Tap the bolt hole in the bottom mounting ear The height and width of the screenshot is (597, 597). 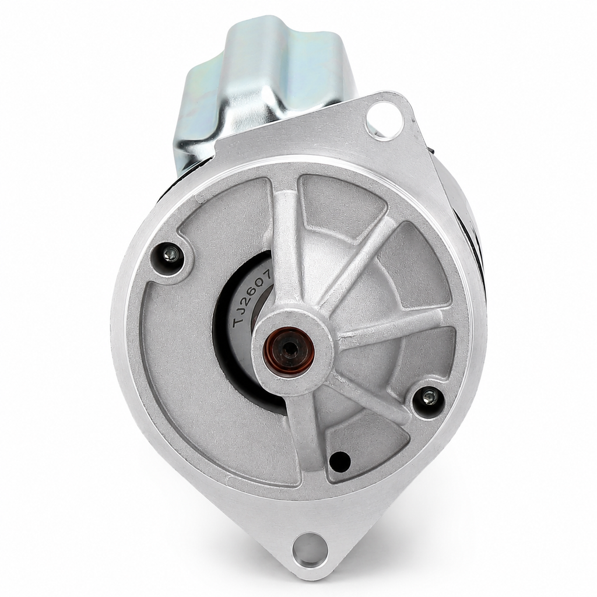click(310, 549)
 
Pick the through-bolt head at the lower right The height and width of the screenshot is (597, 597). click(429, 397)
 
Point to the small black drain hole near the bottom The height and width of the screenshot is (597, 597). click(340, 462)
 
